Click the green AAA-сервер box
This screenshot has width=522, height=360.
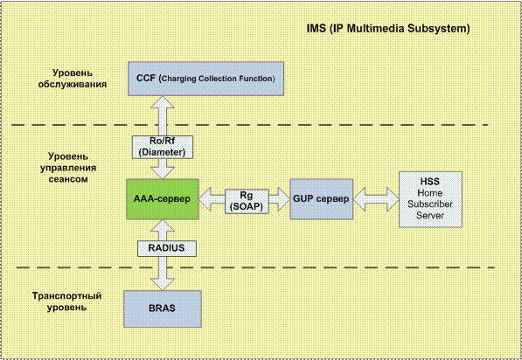(163, 199)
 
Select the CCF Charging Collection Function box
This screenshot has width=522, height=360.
(205, 79)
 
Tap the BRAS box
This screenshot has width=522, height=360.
(163, 308)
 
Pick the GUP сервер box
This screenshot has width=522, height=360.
(321, 199)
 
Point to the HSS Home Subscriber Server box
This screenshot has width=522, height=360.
(430, 199)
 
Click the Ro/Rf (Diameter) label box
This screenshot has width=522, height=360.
(163, 147)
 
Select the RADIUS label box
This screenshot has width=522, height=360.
(167, 248)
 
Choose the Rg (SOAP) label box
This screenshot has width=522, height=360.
(247, 201)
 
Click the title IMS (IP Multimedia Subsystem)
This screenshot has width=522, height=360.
(388, 29)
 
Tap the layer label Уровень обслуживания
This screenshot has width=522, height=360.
(73, 79)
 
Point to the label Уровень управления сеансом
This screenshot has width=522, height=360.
(68, 168)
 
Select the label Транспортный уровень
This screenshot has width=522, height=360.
(67, 301)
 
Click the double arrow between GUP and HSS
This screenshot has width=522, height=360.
(376, 199)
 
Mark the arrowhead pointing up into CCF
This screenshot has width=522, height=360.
(163, 102)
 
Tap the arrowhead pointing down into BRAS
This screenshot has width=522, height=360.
(163, 284)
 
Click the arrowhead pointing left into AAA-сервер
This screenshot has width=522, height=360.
(205, 199)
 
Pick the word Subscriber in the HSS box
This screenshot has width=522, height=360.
(430, 204)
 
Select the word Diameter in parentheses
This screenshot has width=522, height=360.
(162, 152)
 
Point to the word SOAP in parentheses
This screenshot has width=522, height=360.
(247, 206)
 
